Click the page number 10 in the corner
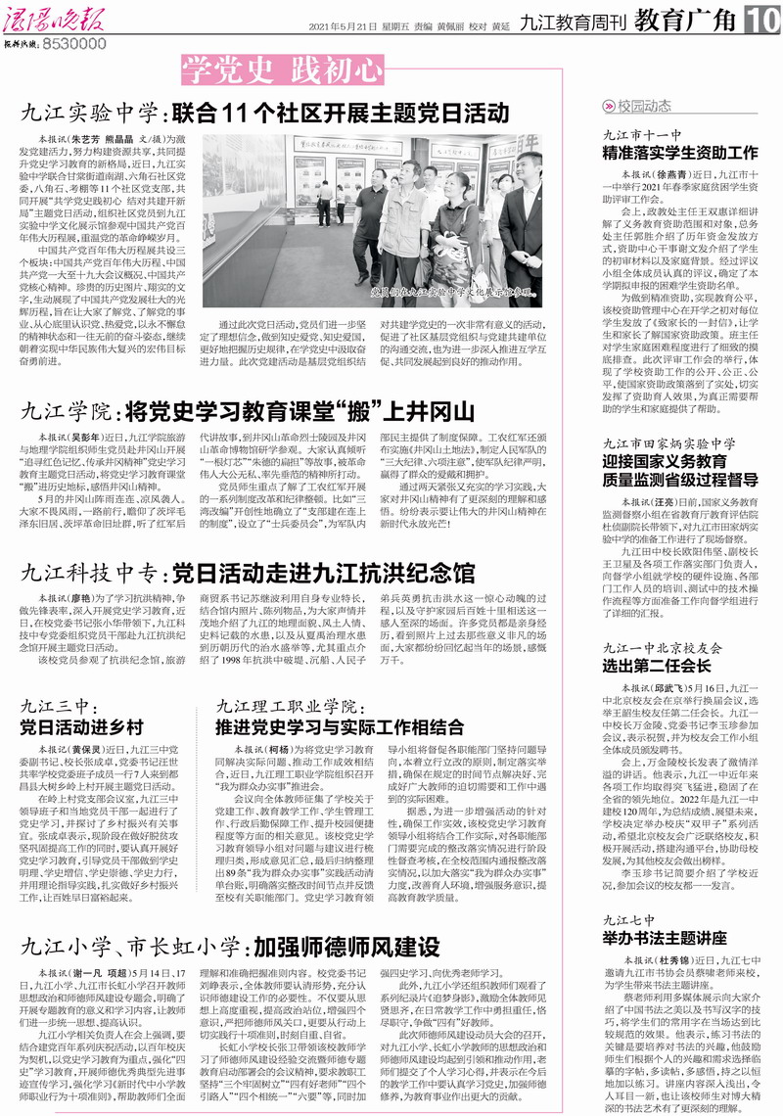pos(762,18)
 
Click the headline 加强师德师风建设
pos(344,947)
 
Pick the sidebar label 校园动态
pos(645,107)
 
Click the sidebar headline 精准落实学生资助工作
pos(680,153)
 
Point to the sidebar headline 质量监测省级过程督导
pos(680,480)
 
